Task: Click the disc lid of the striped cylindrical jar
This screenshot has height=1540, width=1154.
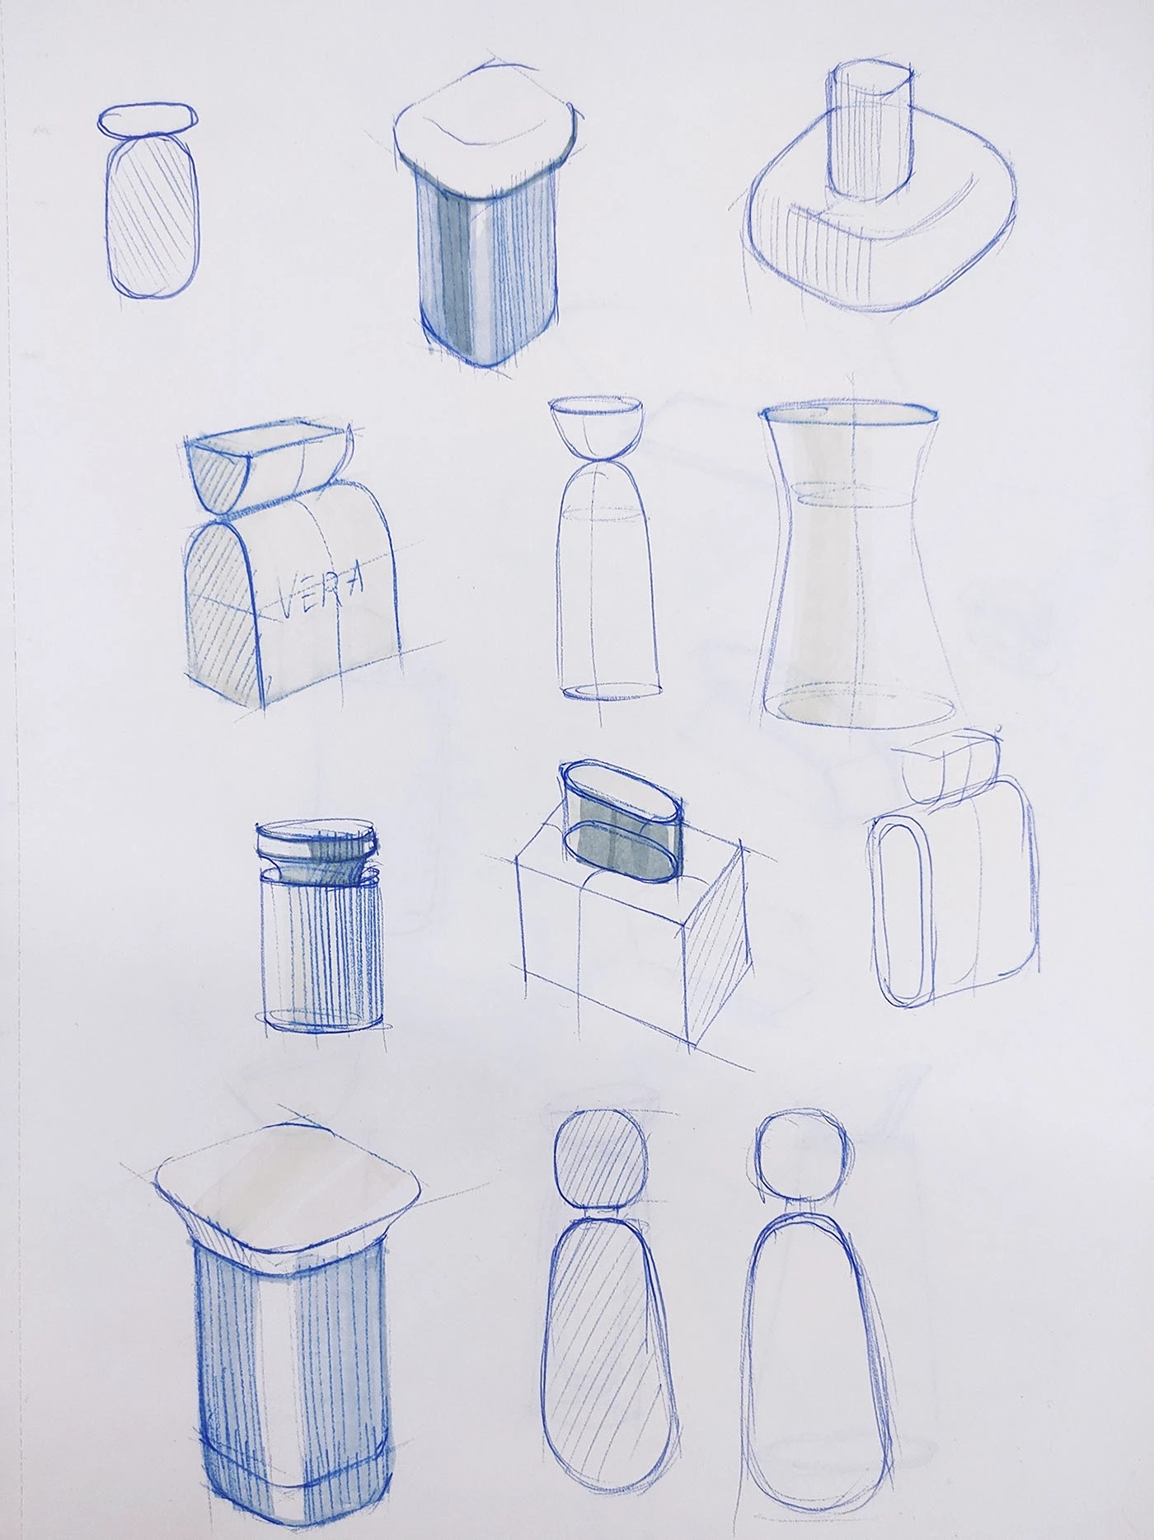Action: [317, 841]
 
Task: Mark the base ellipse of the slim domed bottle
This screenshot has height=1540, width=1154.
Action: [612, 691]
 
